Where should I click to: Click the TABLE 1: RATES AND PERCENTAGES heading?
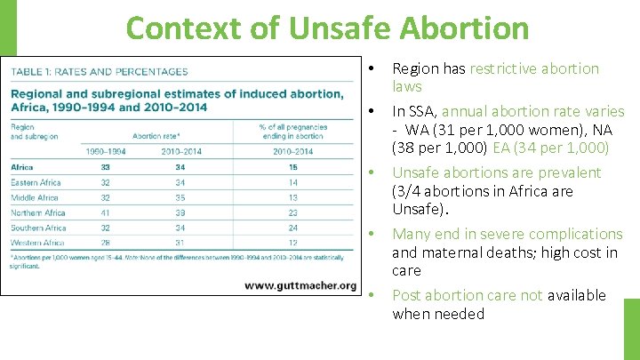100,72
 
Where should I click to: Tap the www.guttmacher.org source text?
300,285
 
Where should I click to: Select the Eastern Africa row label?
36,182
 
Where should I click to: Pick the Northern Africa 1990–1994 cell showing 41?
105,212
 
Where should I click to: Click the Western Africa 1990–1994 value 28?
105,243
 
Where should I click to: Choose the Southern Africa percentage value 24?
293,228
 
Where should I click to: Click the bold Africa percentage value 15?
293,167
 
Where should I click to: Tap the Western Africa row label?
37,243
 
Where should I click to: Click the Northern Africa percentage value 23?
293,212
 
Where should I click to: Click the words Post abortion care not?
467,295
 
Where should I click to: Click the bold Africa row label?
22,167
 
